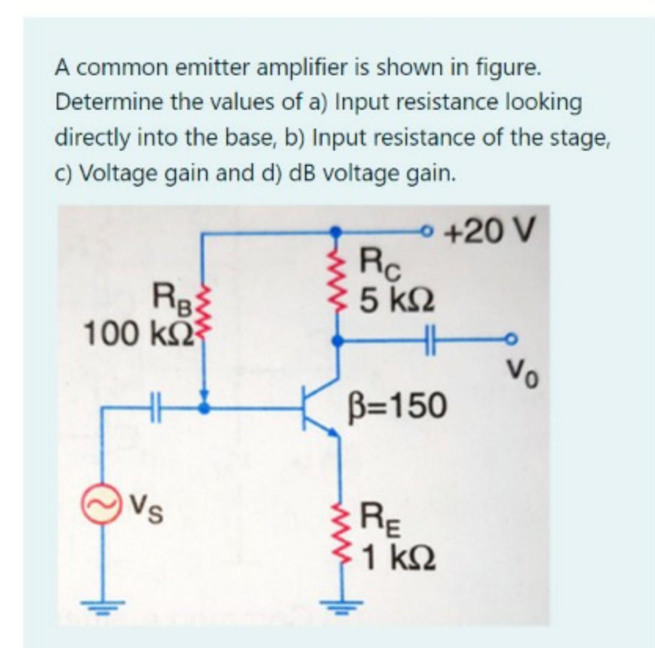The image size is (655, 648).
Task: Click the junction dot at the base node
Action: [205, 409]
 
